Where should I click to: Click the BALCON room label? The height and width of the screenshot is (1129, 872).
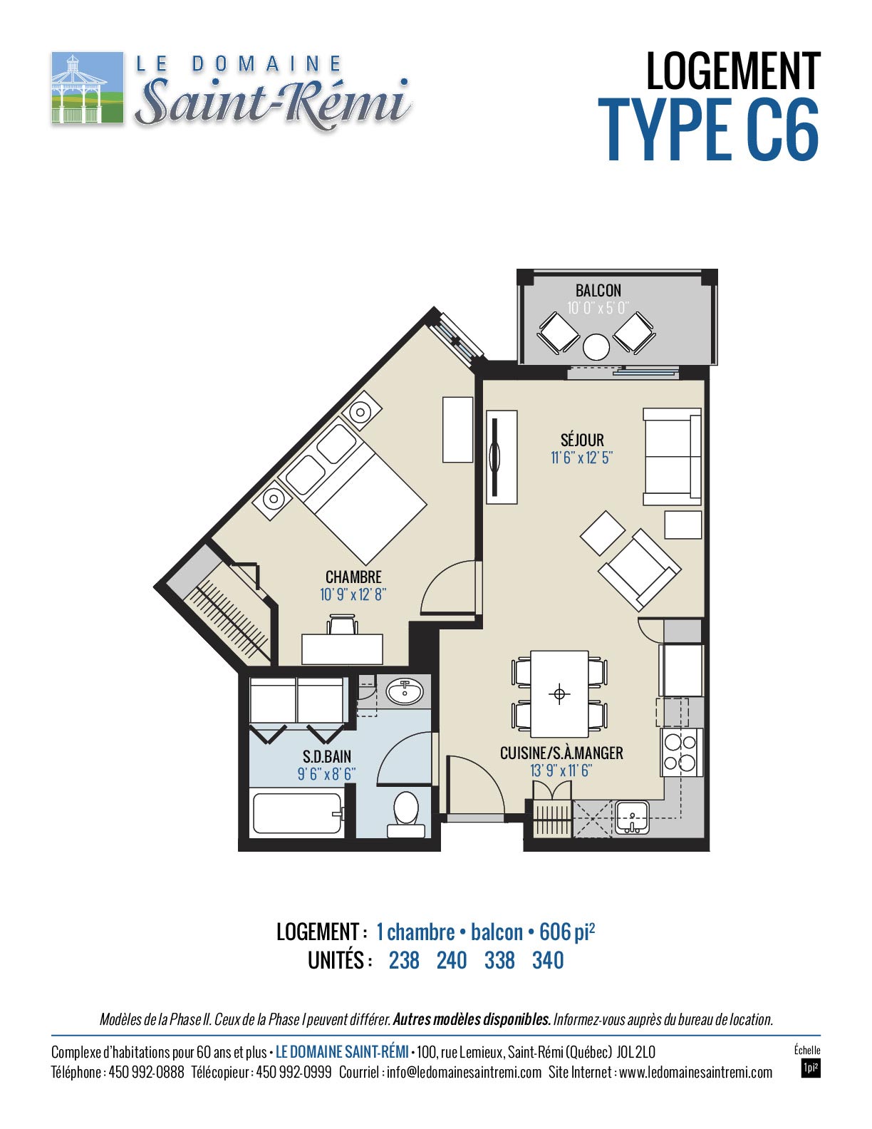click(x=598, y=290)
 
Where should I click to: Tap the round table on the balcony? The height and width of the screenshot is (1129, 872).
click(x=596, y=346)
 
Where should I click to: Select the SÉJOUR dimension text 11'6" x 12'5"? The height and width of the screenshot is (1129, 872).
click(x=581, y=458)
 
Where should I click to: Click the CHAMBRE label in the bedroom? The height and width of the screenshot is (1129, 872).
click(x=353, y=577)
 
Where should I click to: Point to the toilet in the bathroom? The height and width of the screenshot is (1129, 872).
click(x=406, y=814)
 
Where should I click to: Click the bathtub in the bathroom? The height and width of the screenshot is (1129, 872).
click(x=297, y=813)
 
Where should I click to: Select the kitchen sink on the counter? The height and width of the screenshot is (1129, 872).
click(x=631, y=818)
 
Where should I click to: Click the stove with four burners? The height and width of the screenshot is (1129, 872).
click(x=681, y=752)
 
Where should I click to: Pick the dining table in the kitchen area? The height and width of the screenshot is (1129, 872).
click(x=559, y=694)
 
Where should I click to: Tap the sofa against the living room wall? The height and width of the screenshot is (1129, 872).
click(x=672, y=456)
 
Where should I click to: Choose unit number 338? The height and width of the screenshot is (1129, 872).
click(x=499, y=960)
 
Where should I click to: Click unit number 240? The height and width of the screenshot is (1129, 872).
click(x=452, y=960)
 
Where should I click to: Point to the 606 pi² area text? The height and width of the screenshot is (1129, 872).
click(x=566, y=932)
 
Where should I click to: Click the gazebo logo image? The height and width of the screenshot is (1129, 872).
click(x=87, y=87)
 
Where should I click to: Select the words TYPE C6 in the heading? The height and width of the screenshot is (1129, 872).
click(x=709, y=130)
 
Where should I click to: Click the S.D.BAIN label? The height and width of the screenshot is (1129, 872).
click(x=327, y=756)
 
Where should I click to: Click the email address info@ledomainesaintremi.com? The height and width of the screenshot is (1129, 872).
click(x=464, y=1072)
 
